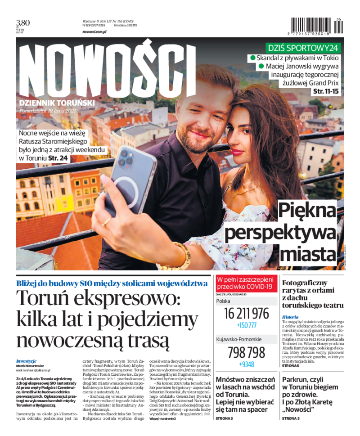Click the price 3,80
pyautogui.click(x=23, y=22)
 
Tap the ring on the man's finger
pyautogui.click(x=106, y=221)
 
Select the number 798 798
pyautogui.click(x=246, y=352)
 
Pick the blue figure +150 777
pyautogui.click(x=246, y=325)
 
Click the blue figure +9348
pyautogui.click(x=246, y=364)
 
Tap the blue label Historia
pyautogui.click(x=290, y=317)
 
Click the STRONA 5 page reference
pyautogui.click(x=290, y=418)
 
